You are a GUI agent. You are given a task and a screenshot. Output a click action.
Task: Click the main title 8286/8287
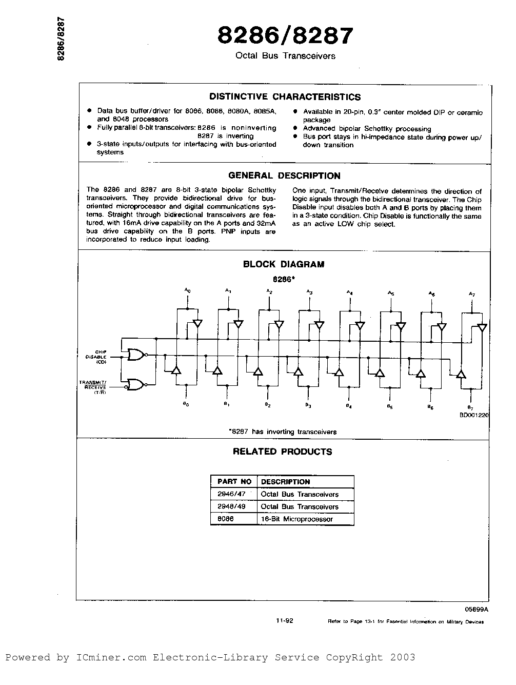point(285,36)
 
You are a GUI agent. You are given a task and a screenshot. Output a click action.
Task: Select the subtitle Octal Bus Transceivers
point(285,56)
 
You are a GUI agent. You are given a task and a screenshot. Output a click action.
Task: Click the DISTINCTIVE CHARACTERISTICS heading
point(285,97)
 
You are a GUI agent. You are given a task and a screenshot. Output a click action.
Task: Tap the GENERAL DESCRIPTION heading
point(284,175)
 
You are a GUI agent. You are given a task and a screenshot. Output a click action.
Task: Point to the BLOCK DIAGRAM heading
point(284,264)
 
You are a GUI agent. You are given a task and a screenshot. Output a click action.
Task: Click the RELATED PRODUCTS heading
point(283,452)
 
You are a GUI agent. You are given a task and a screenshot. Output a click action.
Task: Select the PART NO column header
point(234,482)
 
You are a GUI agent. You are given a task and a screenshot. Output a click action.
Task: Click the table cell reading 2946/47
point(231,494)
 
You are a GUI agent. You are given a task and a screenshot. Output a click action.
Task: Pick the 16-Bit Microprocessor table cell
point(297,519)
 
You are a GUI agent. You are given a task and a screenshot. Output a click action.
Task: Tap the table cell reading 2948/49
point(231,506)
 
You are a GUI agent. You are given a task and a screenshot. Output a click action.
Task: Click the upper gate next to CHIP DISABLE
point(137,355)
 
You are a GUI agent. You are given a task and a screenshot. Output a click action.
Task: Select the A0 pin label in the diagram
point(188,290)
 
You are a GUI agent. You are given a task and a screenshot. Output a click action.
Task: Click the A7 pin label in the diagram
point(472,294)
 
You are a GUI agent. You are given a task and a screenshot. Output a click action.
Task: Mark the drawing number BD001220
point(474,416)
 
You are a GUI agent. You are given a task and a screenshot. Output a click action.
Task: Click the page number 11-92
point(284,620)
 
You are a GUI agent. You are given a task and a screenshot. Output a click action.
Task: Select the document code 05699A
point(477,609)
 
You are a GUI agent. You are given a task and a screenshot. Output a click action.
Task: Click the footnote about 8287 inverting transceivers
point(283,432)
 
